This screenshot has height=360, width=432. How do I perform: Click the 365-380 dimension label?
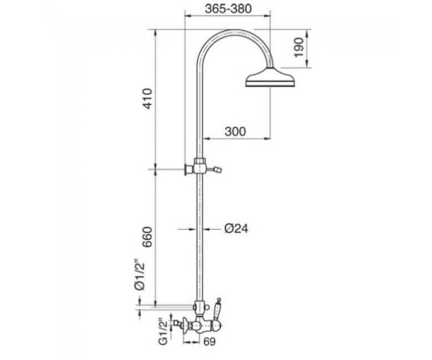(x=228, y=8)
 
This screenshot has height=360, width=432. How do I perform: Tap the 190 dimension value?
(x=299, y=48)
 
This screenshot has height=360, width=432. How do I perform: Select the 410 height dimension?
(x=148, y=99)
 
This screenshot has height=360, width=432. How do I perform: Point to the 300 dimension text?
(x=235, y=131)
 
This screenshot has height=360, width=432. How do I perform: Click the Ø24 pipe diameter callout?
(x=236, y=228)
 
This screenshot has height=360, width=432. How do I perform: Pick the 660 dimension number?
(x=148, y=237)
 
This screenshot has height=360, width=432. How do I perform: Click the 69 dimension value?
(x=209, y=342)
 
